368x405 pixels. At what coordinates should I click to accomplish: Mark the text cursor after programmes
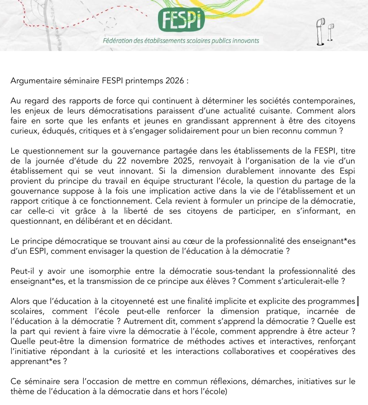[358, 302]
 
